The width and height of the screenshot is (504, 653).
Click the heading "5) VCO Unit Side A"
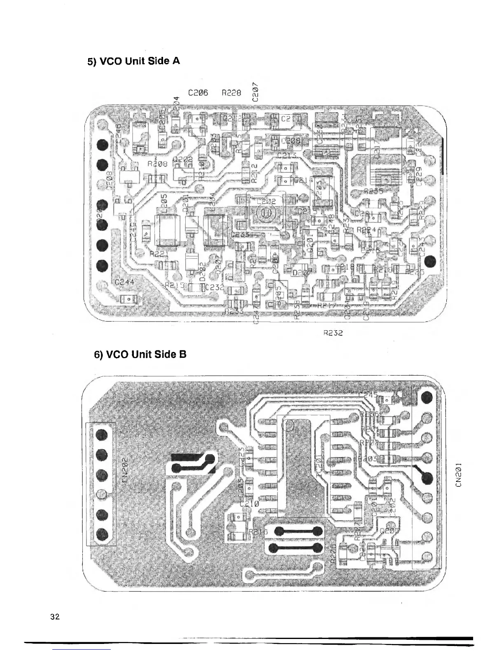pyautogui.click(x=133, y=61)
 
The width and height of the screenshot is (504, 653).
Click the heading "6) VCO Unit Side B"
pyautogui.click(x=140, y=354)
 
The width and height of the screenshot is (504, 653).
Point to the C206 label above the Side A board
pyautogui.click(x=198, y=93)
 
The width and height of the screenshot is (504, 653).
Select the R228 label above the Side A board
pyautogui.click(x=231, y=93)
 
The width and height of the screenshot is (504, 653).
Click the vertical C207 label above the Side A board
pyautogui.click(x=256, y=92)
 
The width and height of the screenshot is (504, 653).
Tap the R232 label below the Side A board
pyautogui.click(x=333, y=332)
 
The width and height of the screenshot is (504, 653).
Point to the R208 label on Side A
pyautogui.click(x=156, y=164)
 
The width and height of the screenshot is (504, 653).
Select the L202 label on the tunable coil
pyautogui.click(x=266, y=202)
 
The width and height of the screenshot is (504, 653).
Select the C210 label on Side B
pyautogui.click(x=250, y=503)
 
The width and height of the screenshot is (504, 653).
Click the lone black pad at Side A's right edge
pyautogui.click(x=431, y=261)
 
